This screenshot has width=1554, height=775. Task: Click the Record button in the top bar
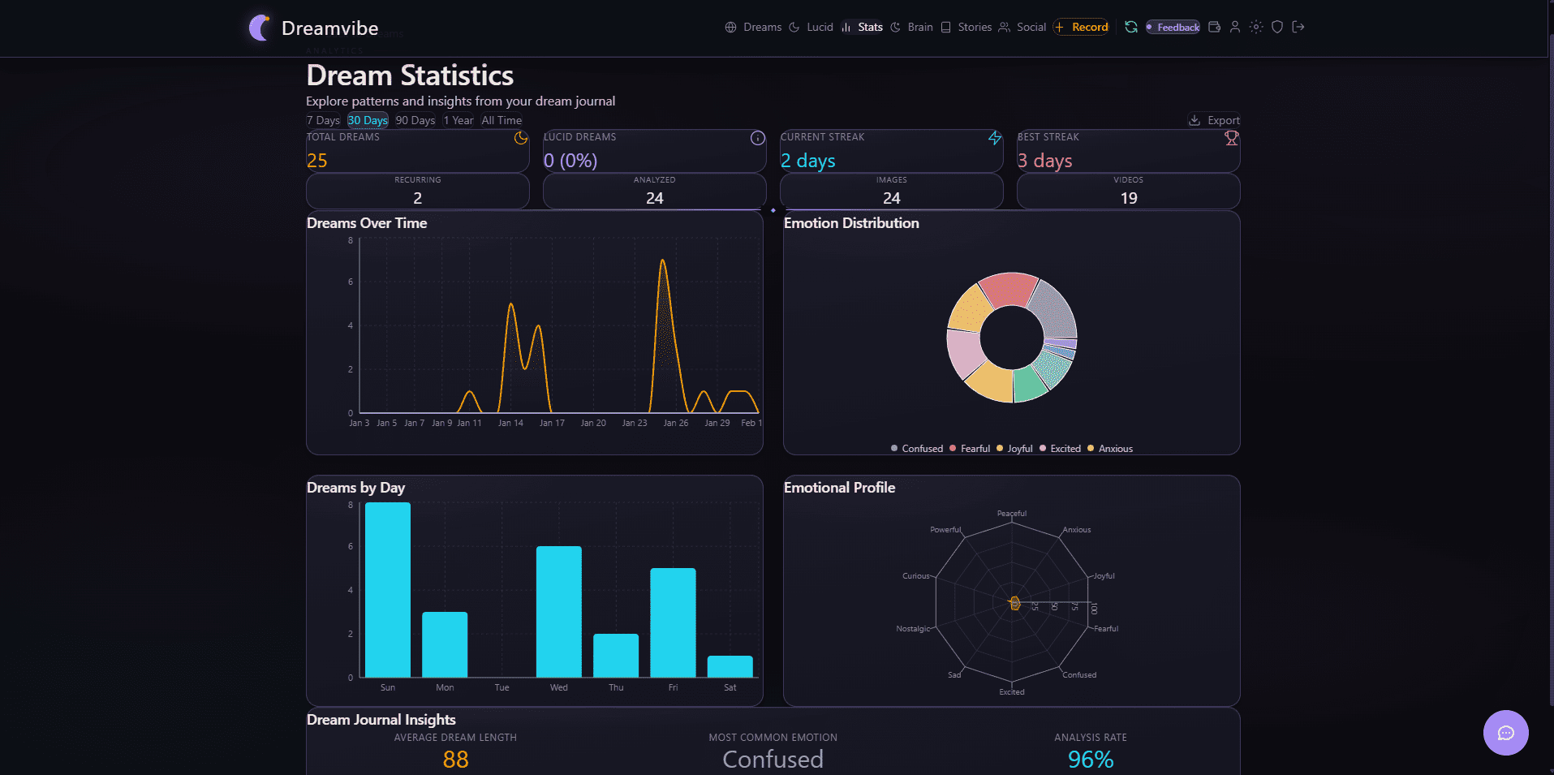(x=1082, y=27)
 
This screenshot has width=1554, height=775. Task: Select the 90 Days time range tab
(x=415, y=120)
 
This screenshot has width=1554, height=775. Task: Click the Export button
(x=1215, y=120)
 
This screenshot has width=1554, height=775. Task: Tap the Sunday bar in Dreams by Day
(x=388, y=590)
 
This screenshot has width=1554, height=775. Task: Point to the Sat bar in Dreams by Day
(x=730, y=666)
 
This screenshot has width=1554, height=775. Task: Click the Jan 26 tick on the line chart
(x=675, y=423)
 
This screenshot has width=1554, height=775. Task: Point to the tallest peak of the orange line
(x=663, y=261)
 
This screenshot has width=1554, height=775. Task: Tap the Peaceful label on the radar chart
(x=1011, y=514)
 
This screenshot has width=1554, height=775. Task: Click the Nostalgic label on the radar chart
(x=913, y=629)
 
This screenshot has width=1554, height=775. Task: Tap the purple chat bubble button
(x=1505, y=733)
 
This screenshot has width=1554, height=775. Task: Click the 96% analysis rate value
(x=1090, y=760)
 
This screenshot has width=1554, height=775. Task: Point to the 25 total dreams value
(x=317, y=161)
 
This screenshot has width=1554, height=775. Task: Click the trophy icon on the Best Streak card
(x=1231, y=139)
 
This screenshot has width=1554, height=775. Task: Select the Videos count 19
(x=1128, y=198)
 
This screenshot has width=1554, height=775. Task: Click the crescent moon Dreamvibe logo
(x=260, y=28)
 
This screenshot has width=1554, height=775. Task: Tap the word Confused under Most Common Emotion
(x=773, y=760)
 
